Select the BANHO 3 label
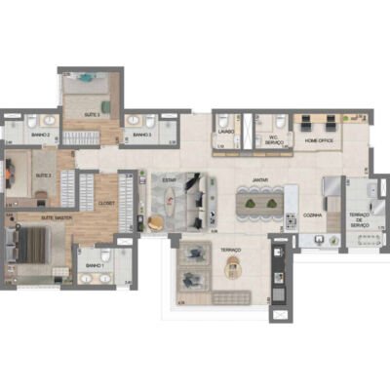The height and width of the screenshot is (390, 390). point(142,135)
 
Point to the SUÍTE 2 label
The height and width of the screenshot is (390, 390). point(43,176)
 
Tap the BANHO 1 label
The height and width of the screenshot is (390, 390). point(94,265)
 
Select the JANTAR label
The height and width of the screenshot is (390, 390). point(259,179)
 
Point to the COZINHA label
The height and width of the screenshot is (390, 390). point(313,214)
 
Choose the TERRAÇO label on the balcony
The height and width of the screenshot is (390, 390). point(231,250)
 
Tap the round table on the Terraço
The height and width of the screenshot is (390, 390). point(233,266)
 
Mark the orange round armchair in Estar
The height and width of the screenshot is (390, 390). point(155,219)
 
